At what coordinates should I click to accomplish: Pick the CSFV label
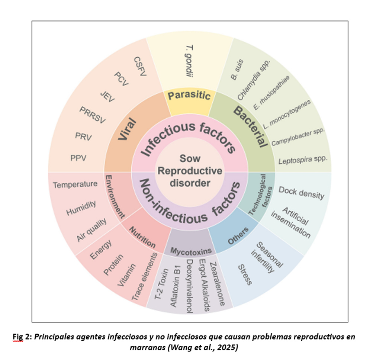tap(140, 67)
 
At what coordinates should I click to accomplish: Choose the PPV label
tap(78, 158)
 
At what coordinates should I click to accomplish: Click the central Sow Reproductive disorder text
tap(190, 171)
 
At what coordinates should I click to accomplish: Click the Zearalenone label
tap(217, 284)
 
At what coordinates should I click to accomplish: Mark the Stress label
tap(245, 275)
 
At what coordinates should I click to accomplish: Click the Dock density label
tap(301, 192)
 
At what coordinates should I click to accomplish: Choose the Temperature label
tap(75, 184)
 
